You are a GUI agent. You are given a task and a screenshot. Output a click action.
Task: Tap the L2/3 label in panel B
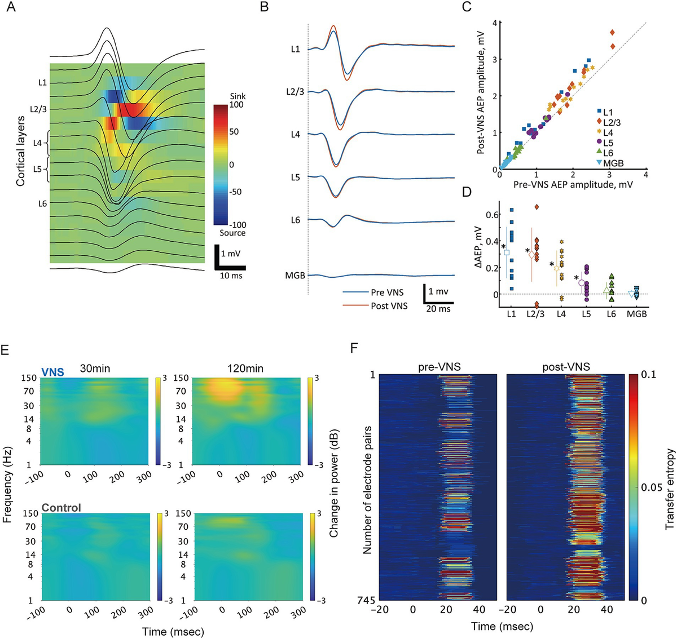coord(296,91)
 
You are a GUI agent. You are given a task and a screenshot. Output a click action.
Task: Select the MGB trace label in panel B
coord(295,276)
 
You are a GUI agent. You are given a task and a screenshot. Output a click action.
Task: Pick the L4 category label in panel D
coord(561,314)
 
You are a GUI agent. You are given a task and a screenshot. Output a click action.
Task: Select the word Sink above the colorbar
coord(238,96)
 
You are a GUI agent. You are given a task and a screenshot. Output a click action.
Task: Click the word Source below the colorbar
coord(232,233)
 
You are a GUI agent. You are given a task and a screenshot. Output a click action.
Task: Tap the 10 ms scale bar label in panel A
coord(231,276)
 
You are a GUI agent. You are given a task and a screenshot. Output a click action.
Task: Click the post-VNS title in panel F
coord(566,367)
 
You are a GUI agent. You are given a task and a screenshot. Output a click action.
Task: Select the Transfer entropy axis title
coord(670,489)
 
